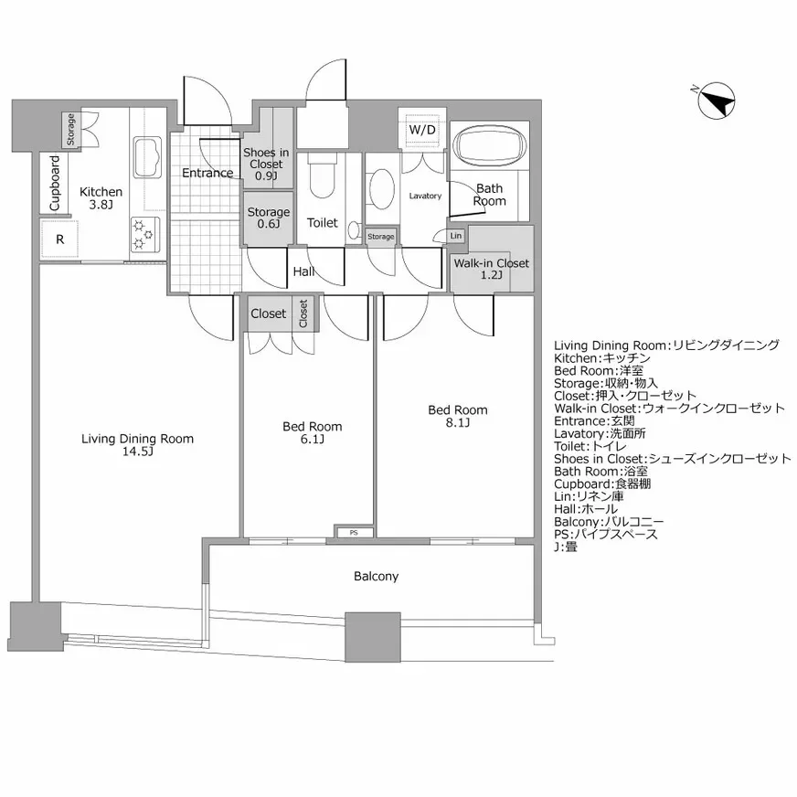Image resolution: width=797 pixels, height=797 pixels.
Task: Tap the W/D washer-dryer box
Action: tap(422, 130)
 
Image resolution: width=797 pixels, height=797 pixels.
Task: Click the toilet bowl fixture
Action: tap(323, 179)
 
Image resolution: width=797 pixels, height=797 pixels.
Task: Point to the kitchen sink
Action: tap(147, 156)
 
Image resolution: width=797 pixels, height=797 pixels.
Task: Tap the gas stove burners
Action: tap(144, 235)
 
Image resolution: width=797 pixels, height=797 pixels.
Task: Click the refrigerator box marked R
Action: tap(60, 239)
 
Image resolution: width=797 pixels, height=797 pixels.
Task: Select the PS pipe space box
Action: tap(354, 532)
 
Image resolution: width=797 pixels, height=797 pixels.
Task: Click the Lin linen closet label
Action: tap(456, 235)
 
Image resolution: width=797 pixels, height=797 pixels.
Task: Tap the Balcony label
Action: tap(377, 576)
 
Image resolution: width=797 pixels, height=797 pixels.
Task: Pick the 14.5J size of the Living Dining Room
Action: tap(138, 452)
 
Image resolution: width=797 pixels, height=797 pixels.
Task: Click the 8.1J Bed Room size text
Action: tap(458, 422)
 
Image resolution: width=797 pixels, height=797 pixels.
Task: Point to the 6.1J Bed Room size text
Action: tap(312, 439)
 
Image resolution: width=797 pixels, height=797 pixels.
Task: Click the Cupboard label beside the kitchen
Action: tap(55, 184)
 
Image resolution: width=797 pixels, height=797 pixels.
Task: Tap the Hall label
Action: tap(304, 271)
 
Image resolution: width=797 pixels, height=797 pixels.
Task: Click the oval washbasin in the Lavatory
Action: tap(382, 188)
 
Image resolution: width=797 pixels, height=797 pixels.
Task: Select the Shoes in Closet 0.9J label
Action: tap(266, 165)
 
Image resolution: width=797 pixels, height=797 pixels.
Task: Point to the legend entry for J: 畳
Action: tap(565, 547)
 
